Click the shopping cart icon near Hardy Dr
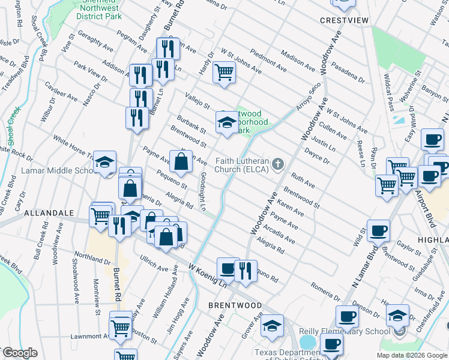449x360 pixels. (224, 73)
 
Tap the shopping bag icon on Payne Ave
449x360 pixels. (181, 161)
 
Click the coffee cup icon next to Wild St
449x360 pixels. (378, 230)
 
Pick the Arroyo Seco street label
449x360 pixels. (308, 97)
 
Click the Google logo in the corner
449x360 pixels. (20, 353)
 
